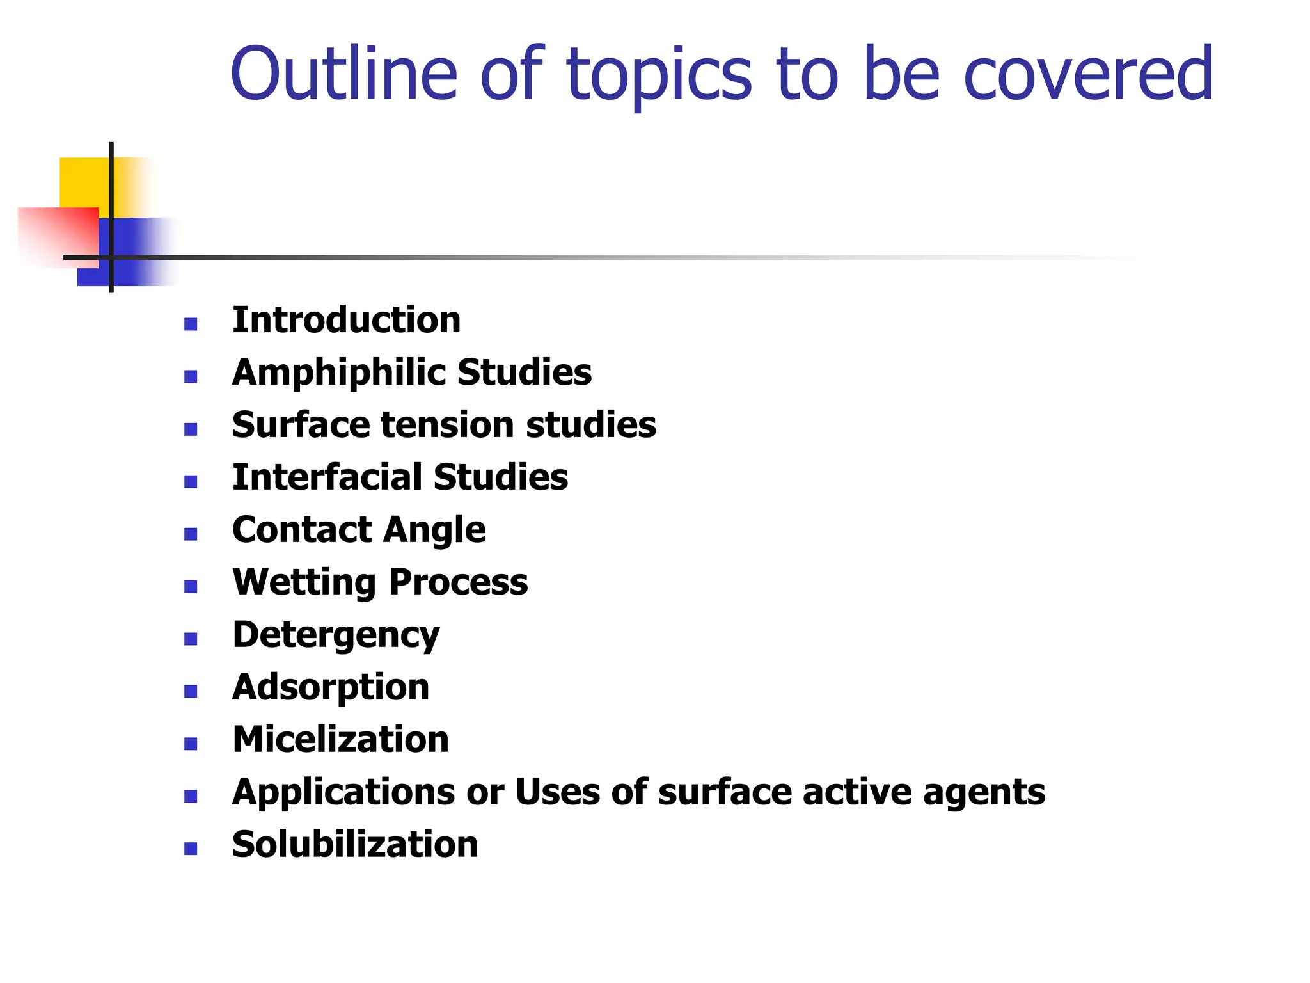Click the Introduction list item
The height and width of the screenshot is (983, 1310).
[x=346, y=320]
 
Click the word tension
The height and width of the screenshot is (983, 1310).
[x=447, y=425]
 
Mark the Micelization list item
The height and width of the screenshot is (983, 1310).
[x=340, y=740]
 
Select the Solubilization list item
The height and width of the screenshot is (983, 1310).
[x=355, y=845]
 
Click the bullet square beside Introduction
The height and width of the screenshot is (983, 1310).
[x=191, y=324]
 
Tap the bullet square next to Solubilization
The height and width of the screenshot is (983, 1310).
[x=191, y=849]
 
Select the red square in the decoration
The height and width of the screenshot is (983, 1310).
[x=58, y=234]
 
